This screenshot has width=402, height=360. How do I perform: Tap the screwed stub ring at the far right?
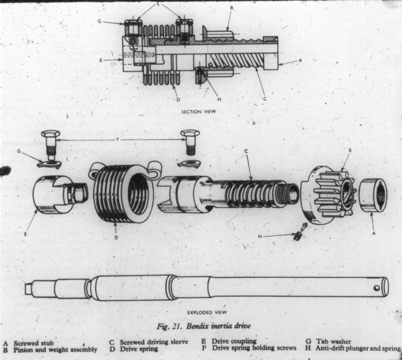coord(373,195)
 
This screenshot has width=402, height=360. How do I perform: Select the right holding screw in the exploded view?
coord(190,142)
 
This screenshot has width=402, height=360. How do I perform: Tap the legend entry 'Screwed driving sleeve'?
coord(154,342)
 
